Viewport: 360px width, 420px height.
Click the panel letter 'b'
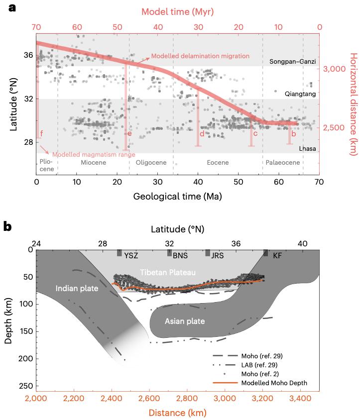click(x=8, y=226)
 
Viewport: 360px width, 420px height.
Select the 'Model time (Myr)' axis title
click(x=177, y=11)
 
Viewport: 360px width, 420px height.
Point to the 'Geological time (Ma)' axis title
click(x=177, y=196)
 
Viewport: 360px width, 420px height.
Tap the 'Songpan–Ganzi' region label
click(x=293, y=62)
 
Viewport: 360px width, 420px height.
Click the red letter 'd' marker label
click(x=202, y=133)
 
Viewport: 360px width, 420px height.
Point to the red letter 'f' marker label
click(x=41, y=133)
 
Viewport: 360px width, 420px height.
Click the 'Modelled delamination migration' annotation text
click(x=200, y=56)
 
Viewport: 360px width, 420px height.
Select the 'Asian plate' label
click(x=185, y=321)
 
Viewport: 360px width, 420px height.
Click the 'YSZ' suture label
click(x=130, y=256)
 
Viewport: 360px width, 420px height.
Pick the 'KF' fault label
click(x=277, y=256)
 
